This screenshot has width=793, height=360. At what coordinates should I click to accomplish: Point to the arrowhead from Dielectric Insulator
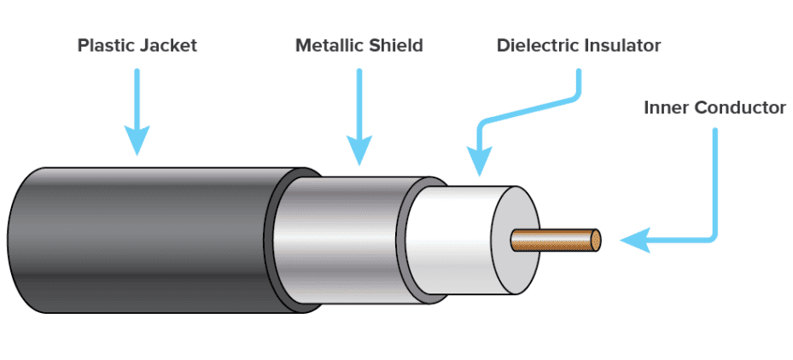pos(481,160)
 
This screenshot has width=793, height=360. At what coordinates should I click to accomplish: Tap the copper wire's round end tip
pos(594,239)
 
